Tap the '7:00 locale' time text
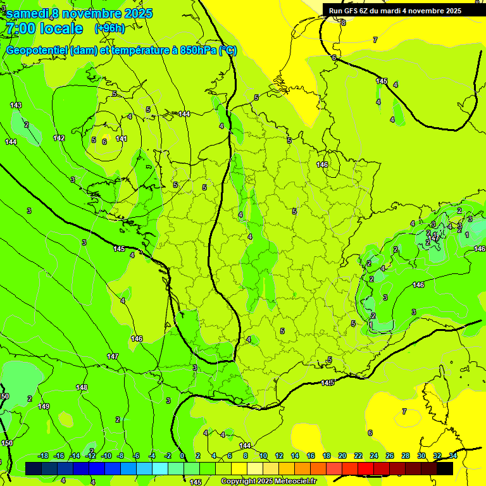coord(44,28)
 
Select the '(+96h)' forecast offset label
coord(109,28)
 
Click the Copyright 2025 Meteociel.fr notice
coord(268,482)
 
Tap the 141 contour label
coord(121,139)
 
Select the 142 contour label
coord(59,138)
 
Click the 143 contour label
coord(16,105)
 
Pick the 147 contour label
coord(113,357)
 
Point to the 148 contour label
coord(82,387)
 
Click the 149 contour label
coord(44,406)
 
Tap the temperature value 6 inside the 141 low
coord(104,142)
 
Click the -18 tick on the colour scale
coord(44,456)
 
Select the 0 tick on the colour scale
coord(182,456)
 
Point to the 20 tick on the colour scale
coord(342,456)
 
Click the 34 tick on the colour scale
coord(453,456)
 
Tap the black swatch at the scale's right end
coord(445,468)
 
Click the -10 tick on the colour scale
coord(106,456)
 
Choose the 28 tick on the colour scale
coord(406,456)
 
